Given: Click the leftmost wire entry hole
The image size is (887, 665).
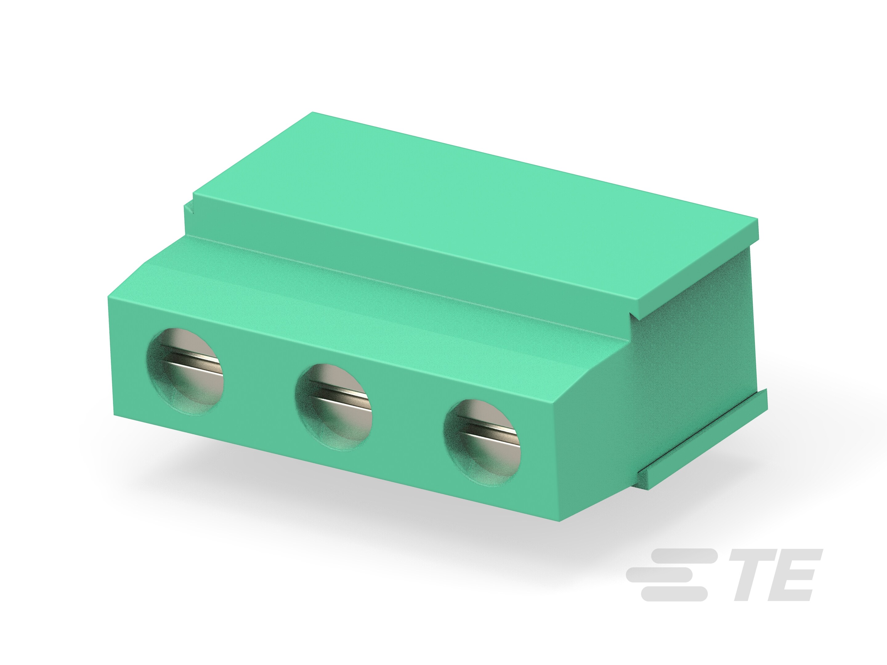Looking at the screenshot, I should (185, 370).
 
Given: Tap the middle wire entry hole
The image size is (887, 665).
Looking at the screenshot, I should (334, 407).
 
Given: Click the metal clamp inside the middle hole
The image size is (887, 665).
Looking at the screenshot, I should (341, 395).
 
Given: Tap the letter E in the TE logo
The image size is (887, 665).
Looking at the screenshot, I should (796, 575).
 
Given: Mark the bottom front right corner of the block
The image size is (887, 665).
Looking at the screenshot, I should (561, 520).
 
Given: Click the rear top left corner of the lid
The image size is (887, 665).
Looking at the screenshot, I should (313, 113).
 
